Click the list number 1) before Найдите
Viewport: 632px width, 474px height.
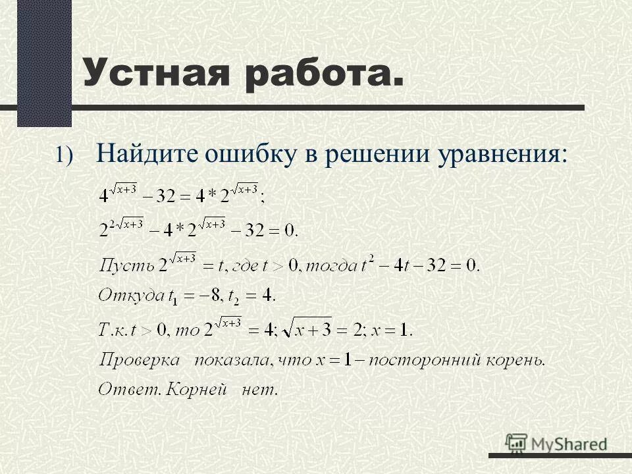66,155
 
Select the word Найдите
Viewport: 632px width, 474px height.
145,153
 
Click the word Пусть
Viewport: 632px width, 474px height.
124,267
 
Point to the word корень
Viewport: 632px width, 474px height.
515,360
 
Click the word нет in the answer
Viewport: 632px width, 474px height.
260,390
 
